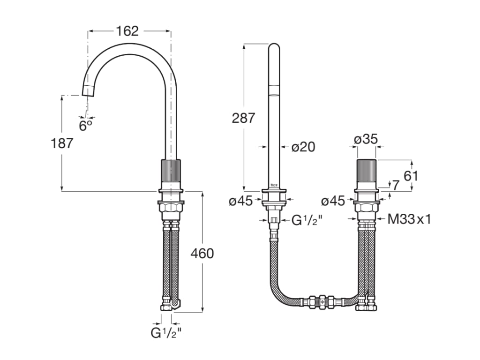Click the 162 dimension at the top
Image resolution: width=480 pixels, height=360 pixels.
[x=127, y=31]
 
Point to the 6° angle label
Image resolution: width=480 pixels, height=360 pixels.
[x=85, y=126]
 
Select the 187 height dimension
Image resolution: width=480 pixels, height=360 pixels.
[x=62, y=143]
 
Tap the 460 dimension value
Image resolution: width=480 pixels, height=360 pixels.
[x=202, y=254]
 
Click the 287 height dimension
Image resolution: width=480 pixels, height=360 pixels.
[x=244, y=118]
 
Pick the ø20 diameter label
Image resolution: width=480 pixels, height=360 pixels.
[x=303, y=147]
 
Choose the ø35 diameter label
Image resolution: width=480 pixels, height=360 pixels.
[x=366, y=139]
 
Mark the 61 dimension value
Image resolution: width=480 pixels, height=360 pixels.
[x=411, y=176]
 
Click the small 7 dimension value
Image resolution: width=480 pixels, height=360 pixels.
[x=396, y=185]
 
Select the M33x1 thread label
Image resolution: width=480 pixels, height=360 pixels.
[x=409, y=218]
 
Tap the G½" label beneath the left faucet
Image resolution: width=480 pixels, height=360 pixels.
[x=166, y=333]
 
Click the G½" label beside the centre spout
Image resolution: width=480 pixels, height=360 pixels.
[x=307, y=219]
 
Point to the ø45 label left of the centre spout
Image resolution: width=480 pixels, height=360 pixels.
[x=241, y=201]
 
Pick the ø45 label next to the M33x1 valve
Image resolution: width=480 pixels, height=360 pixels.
[x=333, y=201]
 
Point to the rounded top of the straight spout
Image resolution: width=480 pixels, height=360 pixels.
[x=274, y=47]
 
